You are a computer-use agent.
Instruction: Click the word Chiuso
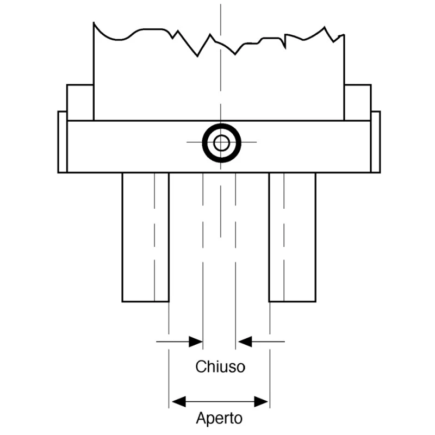pyautogui.click(x=220, y=366)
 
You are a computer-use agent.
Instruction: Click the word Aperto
pyautogui.click(x=219, y=418)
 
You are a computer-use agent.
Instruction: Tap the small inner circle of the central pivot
pyautogui.click(x=221, y=143)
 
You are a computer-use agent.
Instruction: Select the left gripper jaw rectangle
pyautogui.click(x=146, y=237)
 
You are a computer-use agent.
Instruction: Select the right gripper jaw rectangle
pyautogui.click(x=293, y=237)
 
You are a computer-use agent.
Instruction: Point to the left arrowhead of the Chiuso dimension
pyautogui.click(x=196, y=341)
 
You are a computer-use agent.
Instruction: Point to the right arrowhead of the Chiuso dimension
pyautogui.click(x=245, y=341)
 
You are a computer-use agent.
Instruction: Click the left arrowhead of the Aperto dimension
pyautogui.click(x=179, y=401)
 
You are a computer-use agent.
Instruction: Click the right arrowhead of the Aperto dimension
pyautogui.click(x=261, y=401)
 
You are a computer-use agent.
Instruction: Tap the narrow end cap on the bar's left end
pyautogui.click(x=63, y=142)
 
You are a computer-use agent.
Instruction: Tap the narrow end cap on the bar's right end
pyautogui.click(x=376, y=142)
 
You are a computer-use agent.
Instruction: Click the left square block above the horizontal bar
pyautogui.click(x=80, y=103)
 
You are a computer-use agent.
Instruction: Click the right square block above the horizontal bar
pyautogui.click(x=358, y=103)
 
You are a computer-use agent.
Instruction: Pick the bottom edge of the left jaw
pyautogui.click(x=146, y=301)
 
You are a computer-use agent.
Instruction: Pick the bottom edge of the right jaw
pyautogui.click(x=293, y=301)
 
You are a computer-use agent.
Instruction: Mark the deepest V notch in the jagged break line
pyautogui.click(x=197, y=57)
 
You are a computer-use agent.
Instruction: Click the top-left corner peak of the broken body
pyautogui.click(x=94, y=22)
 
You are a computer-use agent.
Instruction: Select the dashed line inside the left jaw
pyautogui.click(x=154, y=237)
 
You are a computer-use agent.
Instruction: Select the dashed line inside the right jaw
pyautogui.click(x=284, y=237)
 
